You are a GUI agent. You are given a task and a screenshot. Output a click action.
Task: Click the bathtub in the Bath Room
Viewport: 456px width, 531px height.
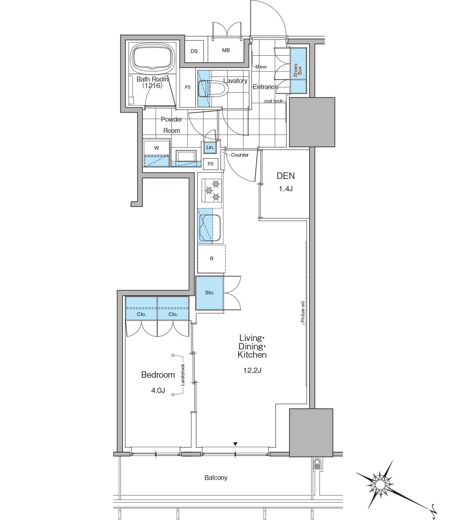153,58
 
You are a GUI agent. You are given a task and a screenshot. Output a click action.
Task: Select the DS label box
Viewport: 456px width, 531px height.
194,51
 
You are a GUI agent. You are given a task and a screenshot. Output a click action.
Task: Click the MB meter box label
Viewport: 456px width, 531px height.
226,50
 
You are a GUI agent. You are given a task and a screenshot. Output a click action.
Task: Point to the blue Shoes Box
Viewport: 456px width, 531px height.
298,71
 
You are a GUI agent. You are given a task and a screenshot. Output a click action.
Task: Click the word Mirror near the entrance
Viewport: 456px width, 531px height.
261,67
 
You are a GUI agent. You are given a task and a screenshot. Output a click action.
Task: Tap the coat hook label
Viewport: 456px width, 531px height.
273,101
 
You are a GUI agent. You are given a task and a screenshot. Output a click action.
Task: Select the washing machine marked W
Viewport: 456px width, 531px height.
157,153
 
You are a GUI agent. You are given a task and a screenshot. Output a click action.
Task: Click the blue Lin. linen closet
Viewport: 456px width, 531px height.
210,147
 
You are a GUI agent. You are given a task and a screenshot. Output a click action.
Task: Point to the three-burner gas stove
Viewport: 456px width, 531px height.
212,191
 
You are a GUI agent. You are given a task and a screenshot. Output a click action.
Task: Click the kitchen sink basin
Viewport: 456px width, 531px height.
210,227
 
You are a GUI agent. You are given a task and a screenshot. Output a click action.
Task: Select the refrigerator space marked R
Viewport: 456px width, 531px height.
212,259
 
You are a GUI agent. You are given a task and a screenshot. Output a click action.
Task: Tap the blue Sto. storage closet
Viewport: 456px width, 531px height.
209,293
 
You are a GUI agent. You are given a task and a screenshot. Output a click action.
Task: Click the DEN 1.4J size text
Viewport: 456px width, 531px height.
286,189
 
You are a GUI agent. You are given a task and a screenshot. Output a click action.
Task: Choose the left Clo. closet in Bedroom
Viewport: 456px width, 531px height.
141,308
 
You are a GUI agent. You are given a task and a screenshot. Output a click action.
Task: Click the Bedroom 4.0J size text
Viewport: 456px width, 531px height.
158,390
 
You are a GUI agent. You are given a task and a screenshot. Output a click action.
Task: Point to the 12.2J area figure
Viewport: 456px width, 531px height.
252,370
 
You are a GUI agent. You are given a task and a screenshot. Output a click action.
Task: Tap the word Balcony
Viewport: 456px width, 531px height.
216,478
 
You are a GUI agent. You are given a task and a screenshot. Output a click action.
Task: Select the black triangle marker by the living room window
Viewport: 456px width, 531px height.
235,444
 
